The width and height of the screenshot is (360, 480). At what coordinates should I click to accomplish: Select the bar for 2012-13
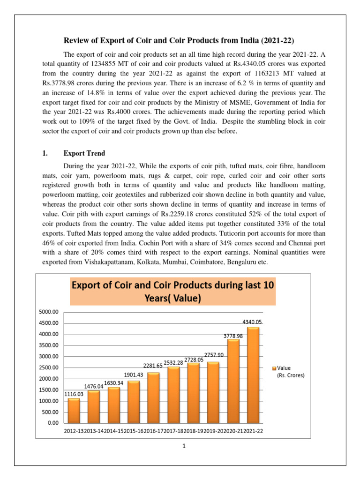[74, 411]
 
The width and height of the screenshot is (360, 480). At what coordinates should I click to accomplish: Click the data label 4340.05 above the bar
[252, 322]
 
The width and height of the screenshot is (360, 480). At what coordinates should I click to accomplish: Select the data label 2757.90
[214, 355]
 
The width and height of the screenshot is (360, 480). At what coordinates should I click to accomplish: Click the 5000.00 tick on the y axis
[49, 312]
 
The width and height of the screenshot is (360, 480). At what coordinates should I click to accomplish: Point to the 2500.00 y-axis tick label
[49, 367]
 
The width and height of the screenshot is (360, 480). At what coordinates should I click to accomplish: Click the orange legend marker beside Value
[274, 368]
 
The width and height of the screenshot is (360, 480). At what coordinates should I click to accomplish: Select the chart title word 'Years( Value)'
[173, 298]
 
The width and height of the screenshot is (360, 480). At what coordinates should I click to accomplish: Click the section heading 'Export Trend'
[84, 153]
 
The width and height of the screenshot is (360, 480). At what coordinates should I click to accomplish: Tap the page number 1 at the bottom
[185, 446]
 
